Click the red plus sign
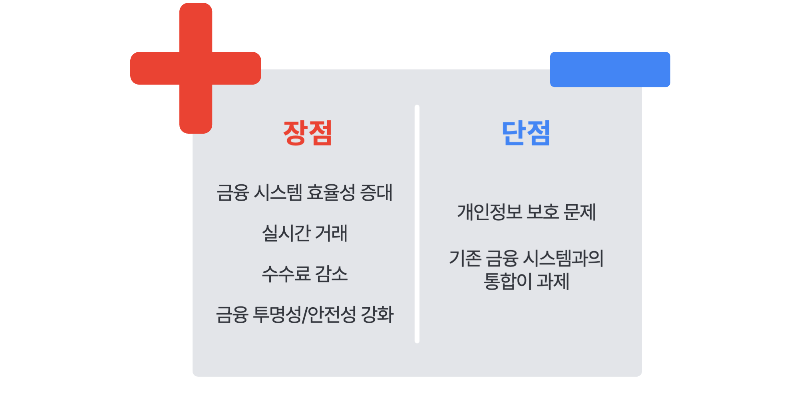(x=196, y=68)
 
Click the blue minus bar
(x=610, y=69)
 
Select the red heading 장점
(x=308, y=132)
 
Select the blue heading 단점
(x=526, y=132)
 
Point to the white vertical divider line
(x=417, y=224)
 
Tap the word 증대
(x=376, y=192)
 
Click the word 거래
(x=331, y=233)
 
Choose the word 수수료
(x=286, y=274)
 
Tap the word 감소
(x=331, y=274)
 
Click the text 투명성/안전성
(x=305, y=314)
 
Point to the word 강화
(x=377, y=314)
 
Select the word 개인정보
(x=490, y=212)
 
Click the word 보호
(x=543, y=212)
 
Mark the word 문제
(x=580, y=212)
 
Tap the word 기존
(x=465, y=258)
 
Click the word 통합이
(x=508, y=281)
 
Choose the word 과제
(x=553, y=281)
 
